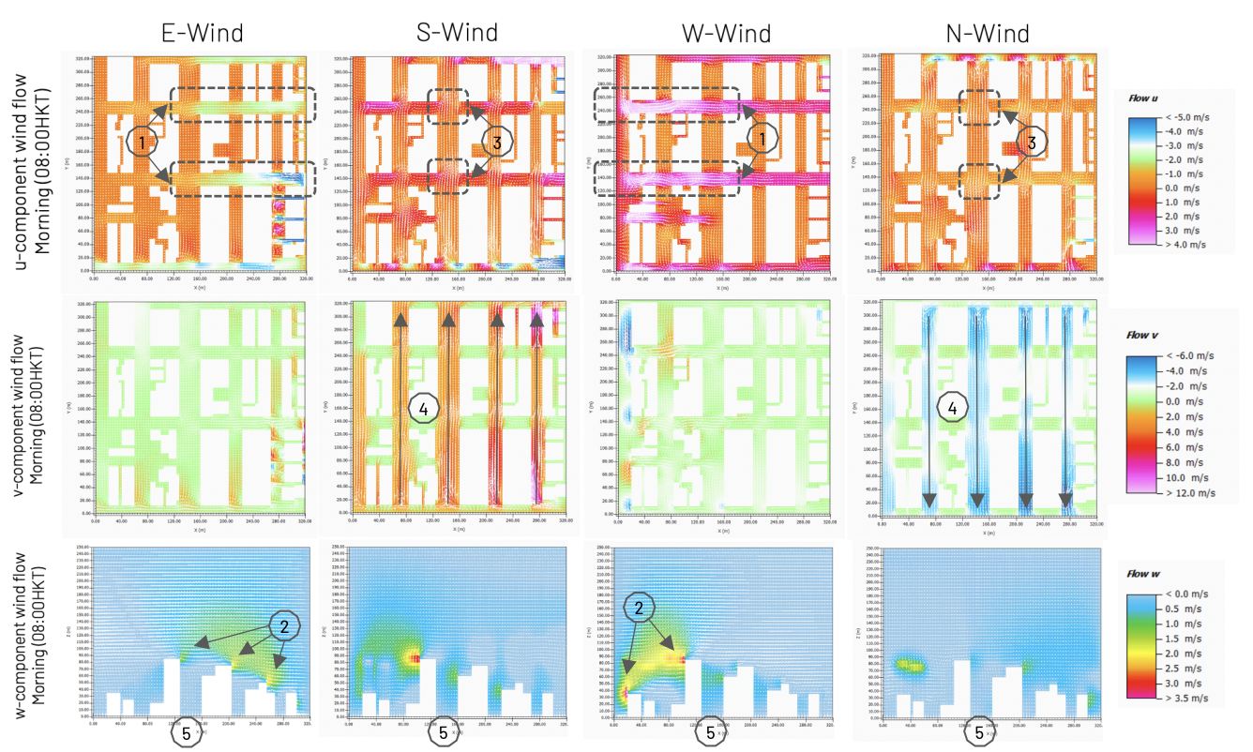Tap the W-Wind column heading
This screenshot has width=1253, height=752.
pyautogui.click(x=728, y=35)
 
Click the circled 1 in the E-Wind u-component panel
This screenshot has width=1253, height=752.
pyautogui.click(x=143, y=143)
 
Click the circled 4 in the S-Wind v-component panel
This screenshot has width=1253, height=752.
pyautogui.click(x=422, y=408)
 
